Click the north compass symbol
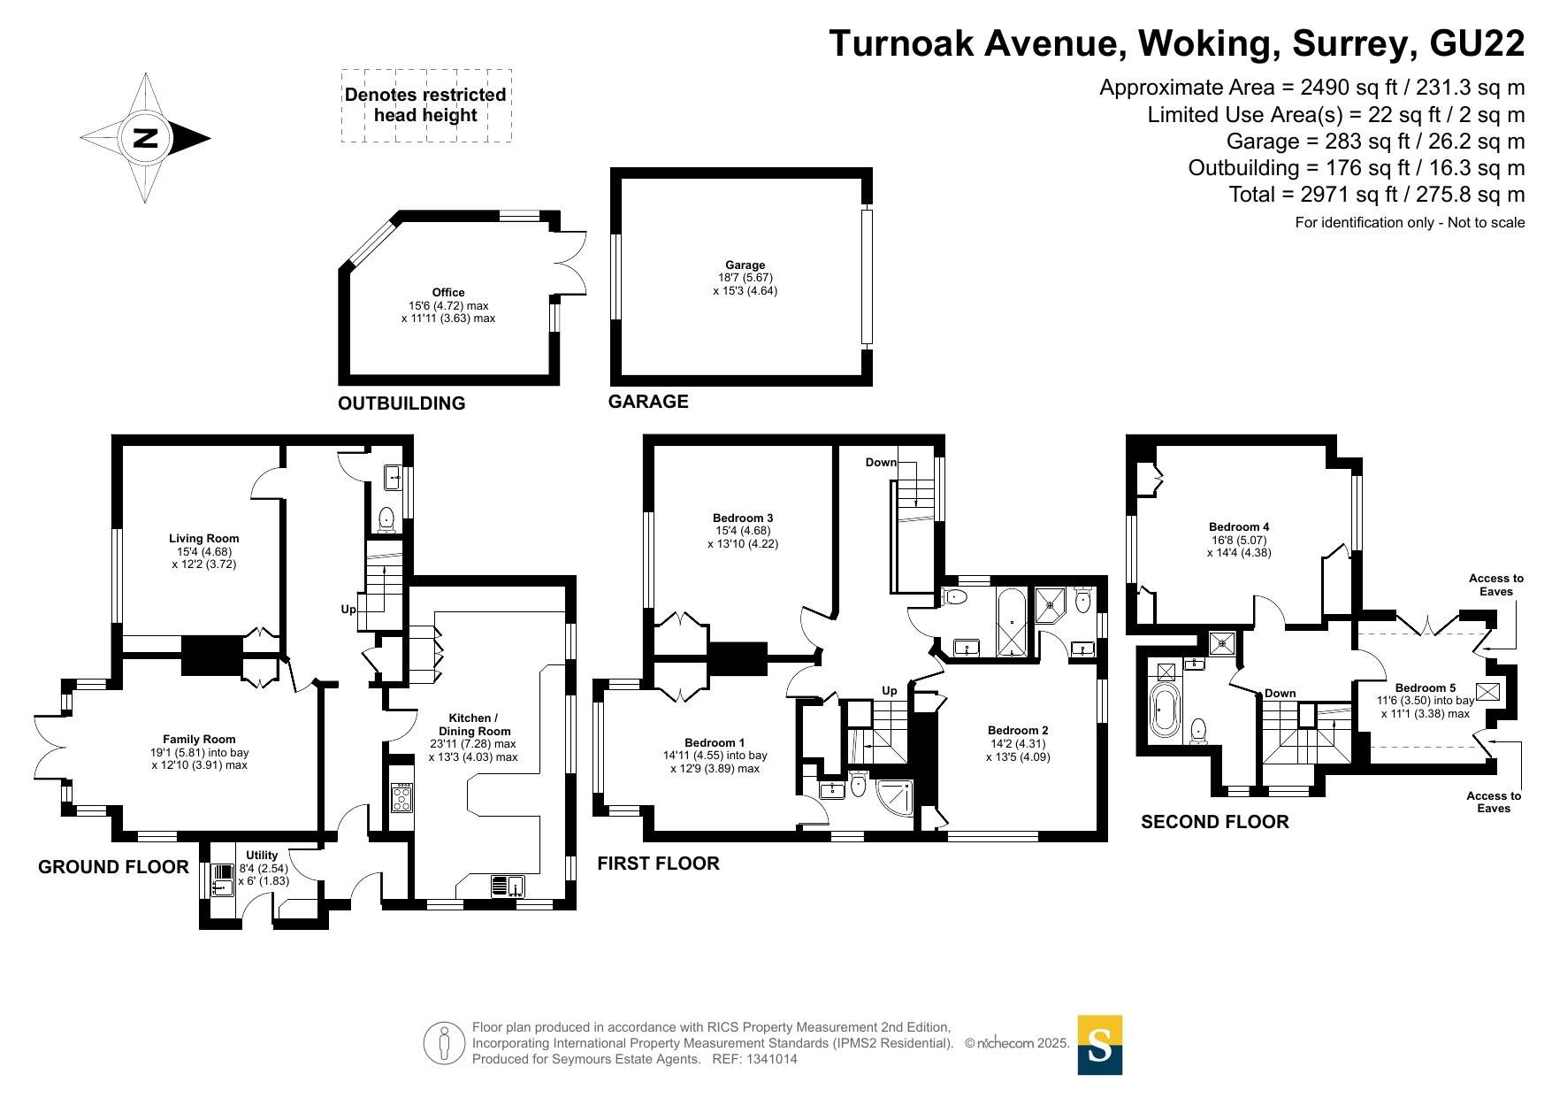pos(145,138)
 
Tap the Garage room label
pos(745,265)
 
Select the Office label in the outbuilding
pos(448,292)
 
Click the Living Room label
pos(204,538)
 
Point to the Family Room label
pos(199,739)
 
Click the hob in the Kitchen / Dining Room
pos(401,797)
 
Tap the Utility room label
pos(262,855)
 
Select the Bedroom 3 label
pos(743,518)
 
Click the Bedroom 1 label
pos(715,742)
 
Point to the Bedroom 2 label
pos(1018,730)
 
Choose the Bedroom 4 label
pos(1239,526)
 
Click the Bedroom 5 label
pos(1426,687)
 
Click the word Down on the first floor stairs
pos(881,462)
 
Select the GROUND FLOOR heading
pos(113,867)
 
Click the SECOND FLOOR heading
pos(1215,822)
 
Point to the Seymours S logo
pos(1100,1045)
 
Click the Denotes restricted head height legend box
pos(426,105)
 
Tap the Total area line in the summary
pos(1377,195)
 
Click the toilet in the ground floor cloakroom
pos(386,519)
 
